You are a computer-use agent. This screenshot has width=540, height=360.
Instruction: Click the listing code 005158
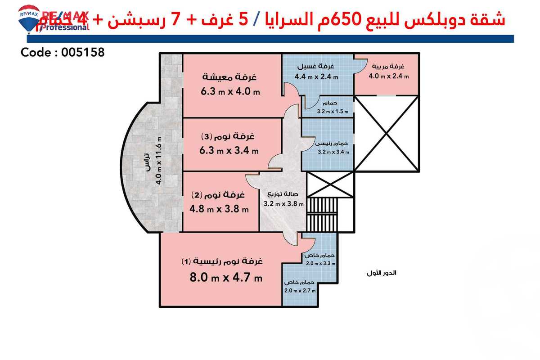[63, 52]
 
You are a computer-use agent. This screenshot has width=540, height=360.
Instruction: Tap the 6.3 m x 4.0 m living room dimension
[230, 92]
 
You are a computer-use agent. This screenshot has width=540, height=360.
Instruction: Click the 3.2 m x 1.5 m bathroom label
[333, 111]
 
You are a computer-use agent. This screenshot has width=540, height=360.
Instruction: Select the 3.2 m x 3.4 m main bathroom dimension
[333, 152]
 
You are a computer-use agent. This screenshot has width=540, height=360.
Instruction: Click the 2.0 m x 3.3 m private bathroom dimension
[320, 264]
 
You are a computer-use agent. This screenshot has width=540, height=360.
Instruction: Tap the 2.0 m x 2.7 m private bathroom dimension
[300, 290]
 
